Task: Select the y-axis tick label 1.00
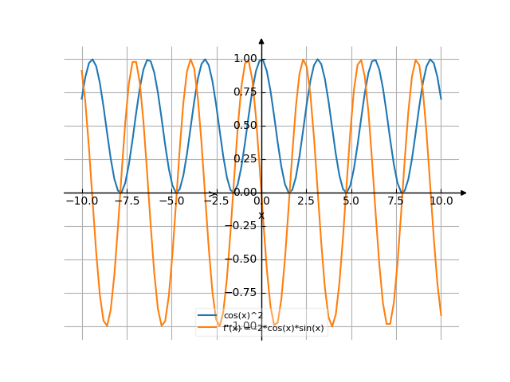click(x=245, y=58)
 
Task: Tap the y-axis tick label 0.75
click(x=245, y=92)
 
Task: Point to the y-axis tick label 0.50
click(x=245, y=125)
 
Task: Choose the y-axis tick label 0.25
click(x=245, y=158)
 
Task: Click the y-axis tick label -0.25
click(x=242, y=225)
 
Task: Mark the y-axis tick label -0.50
click(x=242, y=259)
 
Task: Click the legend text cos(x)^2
click(x=243, y=316)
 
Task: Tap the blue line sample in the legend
click(x=209, y=316)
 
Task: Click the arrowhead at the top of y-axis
click(x=261, y=41)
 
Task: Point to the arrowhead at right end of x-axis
click(x=464, y=193)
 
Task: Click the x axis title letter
click(x=261, y=215)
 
